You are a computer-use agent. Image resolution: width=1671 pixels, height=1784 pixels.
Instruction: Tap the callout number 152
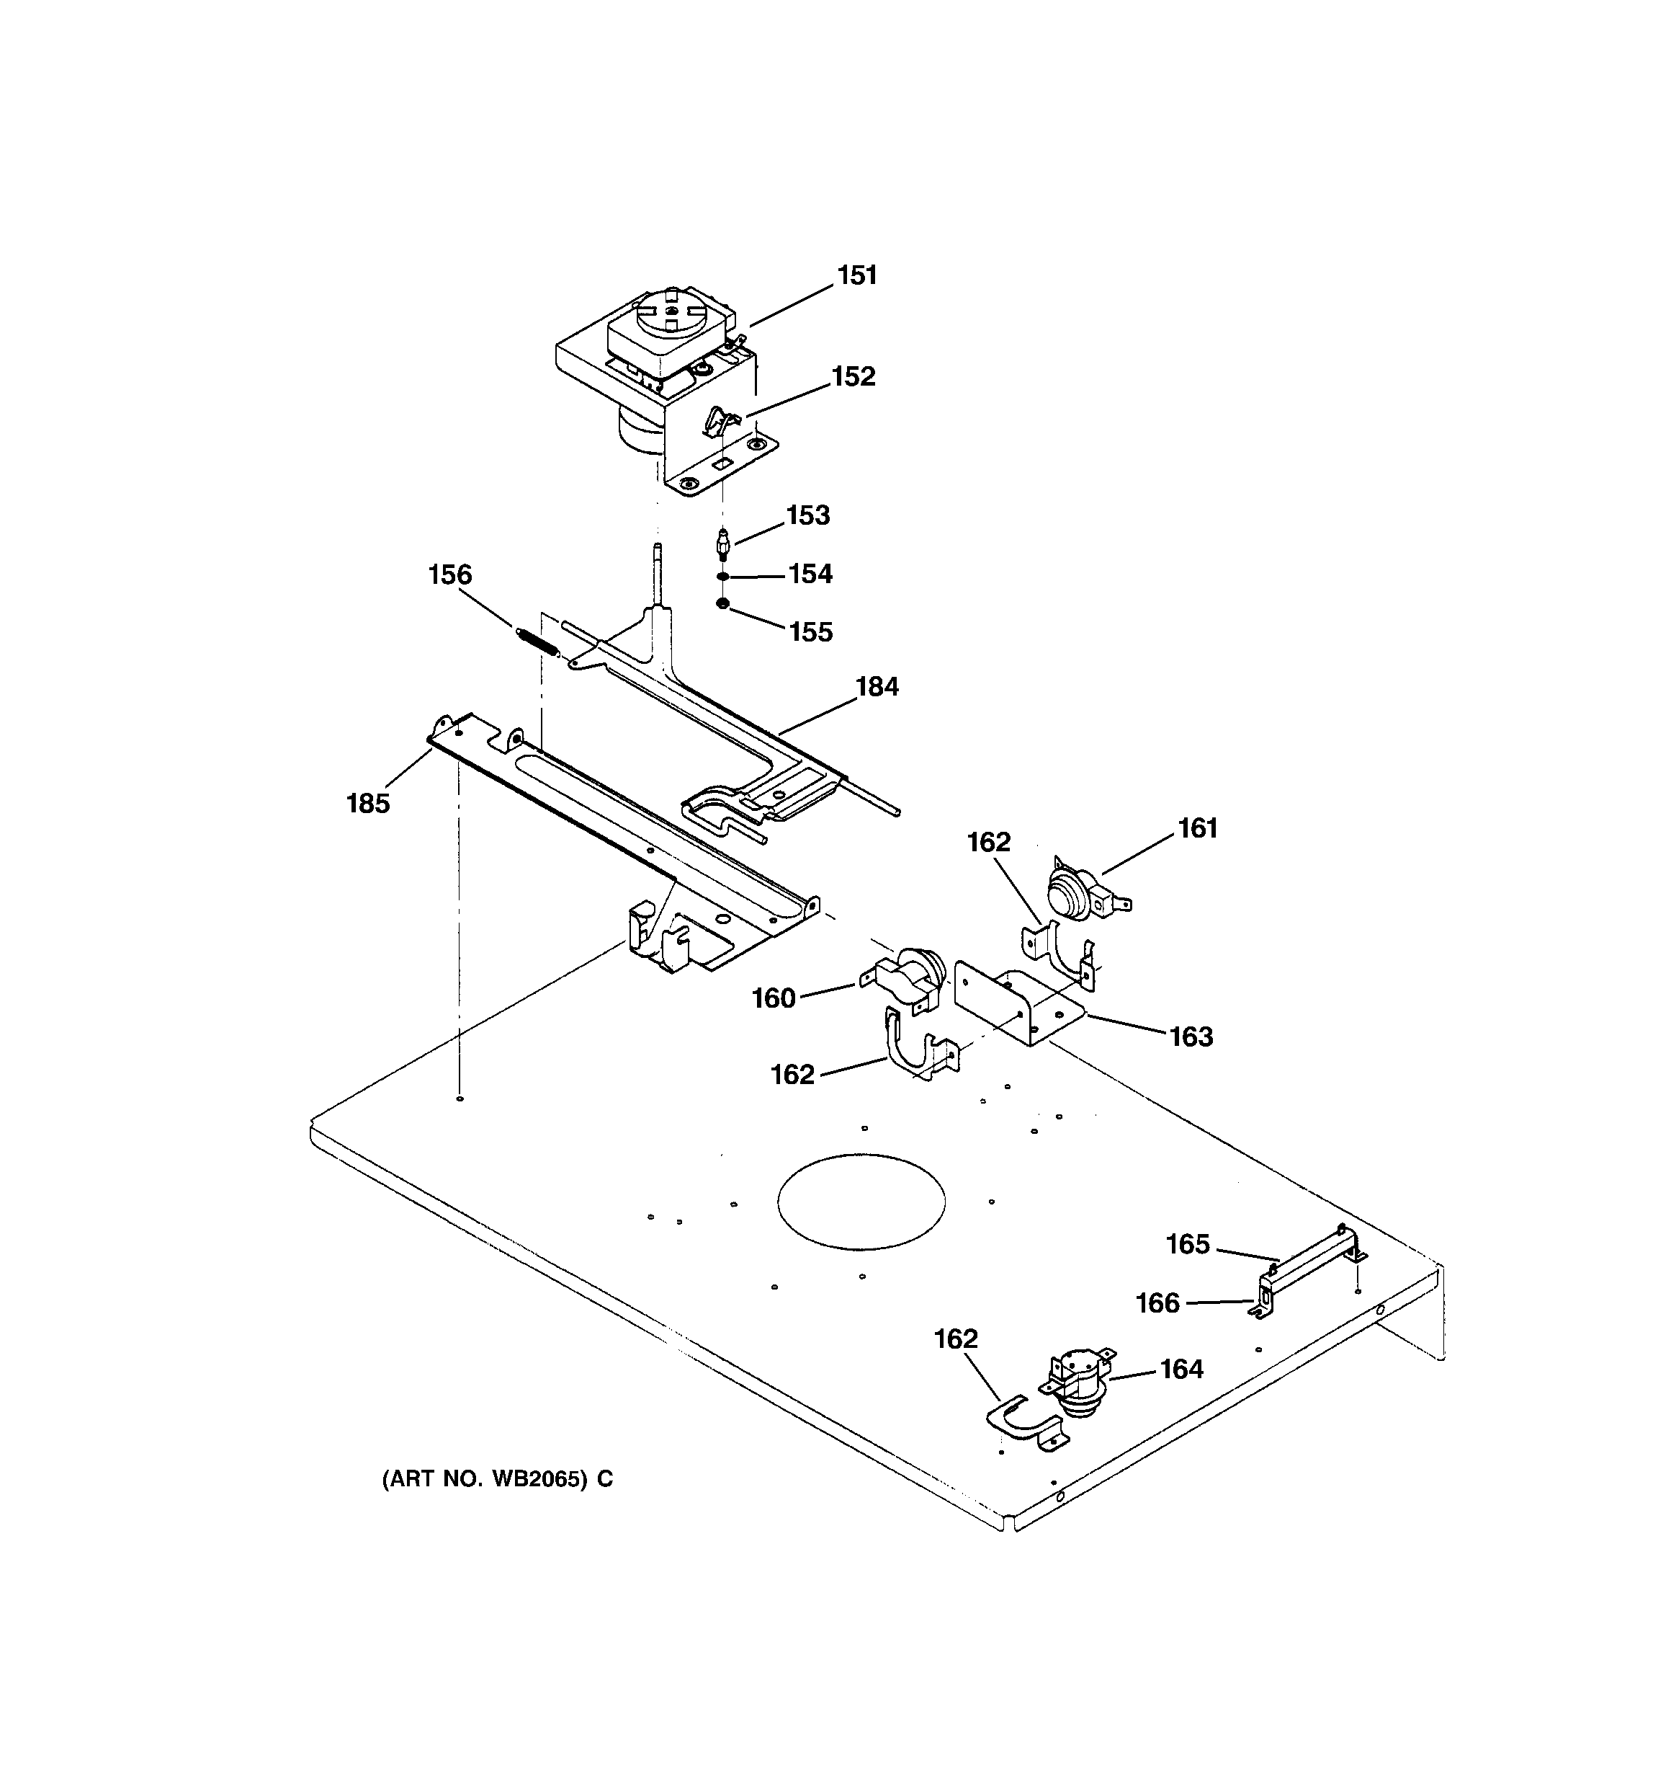(852, 377)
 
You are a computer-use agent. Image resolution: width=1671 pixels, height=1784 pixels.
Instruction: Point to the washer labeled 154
(722, 576)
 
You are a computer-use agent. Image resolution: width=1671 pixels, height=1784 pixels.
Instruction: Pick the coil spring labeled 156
(538, 642)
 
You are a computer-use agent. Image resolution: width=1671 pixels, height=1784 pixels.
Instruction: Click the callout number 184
(877, 686)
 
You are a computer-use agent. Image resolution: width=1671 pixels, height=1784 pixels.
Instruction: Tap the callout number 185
(368, 803)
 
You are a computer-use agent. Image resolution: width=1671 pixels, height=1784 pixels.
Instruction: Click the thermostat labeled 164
(1079, 1393)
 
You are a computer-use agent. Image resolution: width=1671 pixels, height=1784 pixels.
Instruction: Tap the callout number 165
(1187, 1244)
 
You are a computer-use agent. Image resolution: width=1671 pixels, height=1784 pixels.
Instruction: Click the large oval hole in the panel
(860, 1201)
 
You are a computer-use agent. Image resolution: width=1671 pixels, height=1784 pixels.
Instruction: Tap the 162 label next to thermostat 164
(955, 1339)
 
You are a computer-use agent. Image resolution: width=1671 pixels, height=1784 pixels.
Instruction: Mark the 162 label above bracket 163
(988, 842)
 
